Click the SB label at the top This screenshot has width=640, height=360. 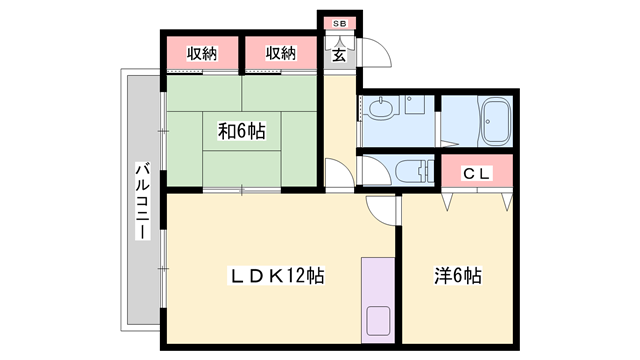[340, 24]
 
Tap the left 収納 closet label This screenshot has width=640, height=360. [202, 53]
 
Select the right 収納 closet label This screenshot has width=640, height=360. [281, 53]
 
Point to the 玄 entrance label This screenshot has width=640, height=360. [339, 55]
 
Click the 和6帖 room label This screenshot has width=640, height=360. [242, 131]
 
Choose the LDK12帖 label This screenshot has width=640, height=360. [277, 276]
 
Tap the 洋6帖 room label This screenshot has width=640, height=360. [458, 276]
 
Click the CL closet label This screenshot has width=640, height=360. [476, 174]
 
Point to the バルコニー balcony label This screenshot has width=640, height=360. [142, 201]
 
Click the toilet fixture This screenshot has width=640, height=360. [418, 171]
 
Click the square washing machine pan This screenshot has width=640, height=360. [415, 104]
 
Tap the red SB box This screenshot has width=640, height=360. [340, 24]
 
